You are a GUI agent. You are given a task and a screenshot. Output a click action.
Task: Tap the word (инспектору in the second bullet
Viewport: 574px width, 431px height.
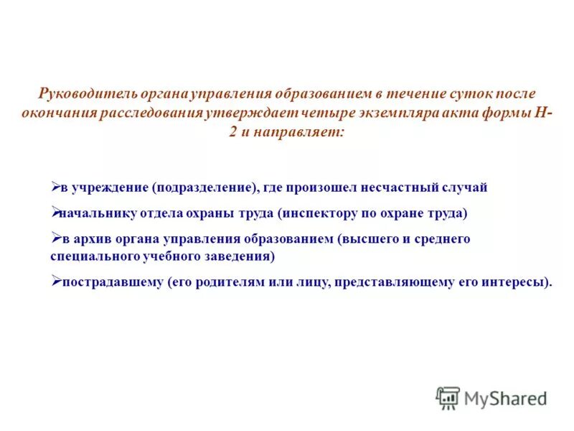319,213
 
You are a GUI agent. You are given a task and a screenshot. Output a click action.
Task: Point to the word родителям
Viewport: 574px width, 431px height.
243,282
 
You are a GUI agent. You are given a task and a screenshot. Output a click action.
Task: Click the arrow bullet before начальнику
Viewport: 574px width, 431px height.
55,212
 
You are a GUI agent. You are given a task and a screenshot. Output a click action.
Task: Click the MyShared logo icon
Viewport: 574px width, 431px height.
448,397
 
